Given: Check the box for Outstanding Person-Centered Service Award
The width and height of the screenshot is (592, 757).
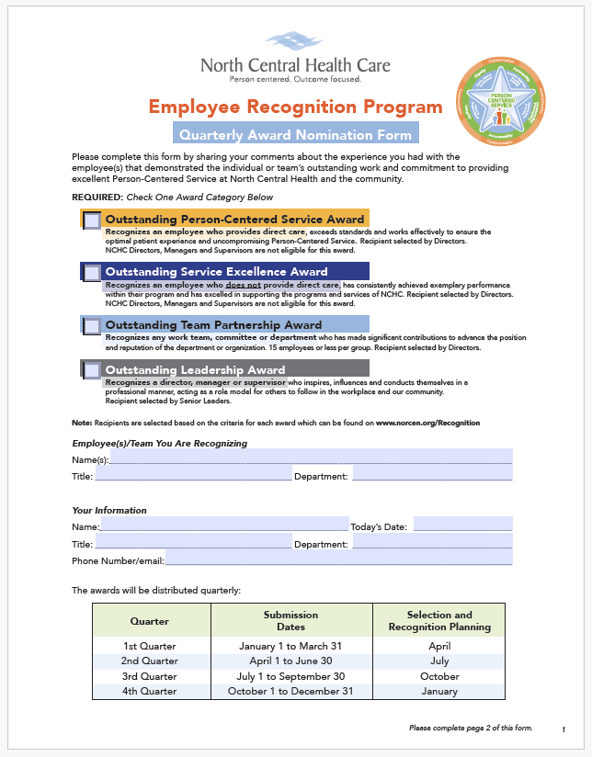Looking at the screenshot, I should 93,220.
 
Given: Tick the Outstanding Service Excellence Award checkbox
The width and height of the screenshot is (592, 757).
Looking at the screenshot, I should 93,273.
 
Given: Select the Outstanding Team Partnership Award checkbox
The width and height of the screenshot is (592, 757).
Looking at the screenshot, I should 93,325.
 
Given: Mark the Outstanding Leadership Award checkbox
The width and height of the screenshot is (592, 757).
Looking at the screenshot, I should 93,370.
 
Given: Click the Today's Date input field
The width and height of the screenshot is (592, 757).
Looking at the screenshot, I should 462,525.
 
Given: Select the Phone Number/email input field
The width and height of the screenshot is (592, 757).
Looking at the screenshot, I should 338,559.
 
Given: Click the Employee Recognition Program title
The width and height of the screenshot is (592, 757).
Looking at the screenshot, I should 295,107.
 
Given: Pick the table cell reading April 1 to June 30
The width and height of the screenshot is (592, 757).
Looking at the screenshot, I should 291,661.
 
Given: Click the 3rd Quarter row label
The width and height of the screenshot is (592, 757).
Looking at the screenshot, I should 150,675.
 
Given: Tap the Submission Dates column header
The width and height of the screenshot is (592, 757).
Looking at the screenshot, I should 291,621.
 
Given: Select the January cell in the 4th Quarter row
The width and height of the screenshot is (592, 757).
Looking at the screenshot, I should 439,691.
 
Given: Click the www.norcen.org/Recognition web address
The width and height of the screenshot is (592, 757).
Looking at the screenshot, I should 427,423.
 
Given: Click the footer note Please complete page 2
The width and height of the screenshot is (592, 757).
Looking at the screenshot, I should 471,728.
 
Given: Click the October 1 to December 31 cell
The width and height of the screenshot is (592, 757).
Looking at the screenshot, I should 291,691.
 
